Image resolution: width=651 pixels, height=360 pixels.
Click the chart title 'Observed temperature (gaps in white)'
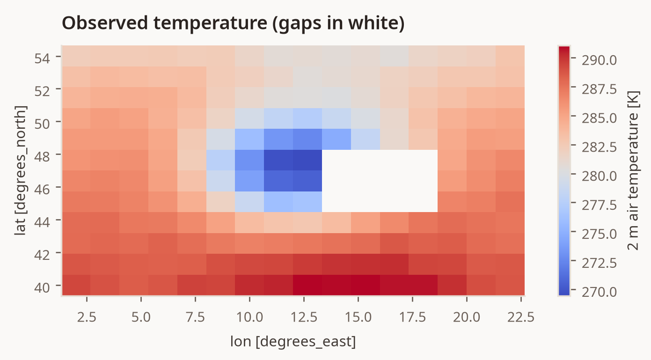pos(233,23)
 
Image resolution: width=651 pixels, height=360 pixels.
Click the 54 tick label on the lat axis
pos(42,59)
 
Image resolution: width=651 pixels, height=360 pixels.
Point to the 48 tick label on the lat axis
pos(42,157)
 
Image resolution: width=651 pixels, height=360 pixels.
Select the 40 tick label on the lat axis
pos(42,287)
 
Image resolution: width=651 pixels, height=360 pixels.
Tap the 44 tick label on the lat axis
pos(42,222)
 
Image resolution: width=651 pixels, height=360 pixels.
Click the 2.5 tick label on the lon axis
pos(87,316)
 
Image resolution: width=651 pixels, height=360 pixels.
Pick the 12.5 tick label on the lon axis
pos(304,316)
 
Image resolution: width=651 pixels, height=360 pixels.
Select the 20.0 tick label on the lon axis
pos(467,316)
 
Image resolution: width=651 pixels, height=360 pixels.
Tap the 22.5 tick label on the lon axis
pos(521,316)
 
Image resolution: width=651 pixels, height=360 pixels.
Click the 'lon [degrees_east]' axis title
pos(293,341)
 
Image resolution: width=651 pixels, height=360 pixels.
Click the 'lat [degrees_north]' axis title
pos(21,170)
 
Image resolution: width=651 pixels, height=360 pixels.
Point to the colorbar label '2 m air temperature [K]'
pos(633,170)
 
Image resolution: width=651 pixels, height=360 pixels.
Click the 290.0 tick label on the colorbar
pos(599,60)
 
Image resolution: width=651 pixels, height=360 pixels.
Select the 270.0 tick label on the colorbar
pos(599,292)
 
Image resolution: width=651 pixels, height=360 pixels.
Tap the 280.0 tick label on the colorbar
pos(599,176)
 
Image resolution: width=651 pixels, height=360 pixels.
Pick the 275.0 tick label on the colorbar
pos(599,234)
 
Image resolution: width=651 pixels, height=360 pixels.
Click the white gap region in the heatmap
pos(380,181)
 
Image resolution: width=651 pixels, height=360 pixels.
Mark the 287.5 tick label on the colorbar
pos(599,89)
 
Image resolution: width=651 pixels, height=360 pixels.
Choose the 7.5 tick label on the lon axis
pos(195,316)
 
